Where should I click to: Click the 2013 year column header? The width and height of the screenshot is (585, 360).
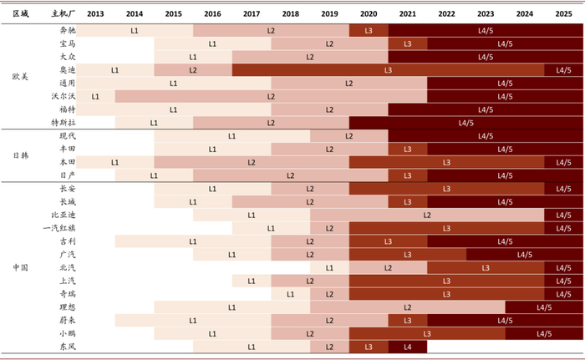click(95, 15)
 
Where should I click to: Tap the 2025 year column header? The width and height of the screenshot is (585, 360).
click(563, 15)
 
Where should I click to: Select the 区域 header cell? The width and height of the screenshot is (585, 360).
click(21, 15)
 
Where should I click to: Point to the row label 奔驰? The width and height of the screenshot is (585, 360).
click(68, 30)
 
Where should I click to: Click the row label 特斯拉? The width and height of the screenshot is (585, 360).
click(64, 123)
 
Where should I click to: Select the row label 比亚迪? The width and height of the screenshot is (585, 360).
click(64, 215)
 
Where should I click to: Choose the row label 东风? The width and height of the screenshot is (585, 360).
click(68, 346)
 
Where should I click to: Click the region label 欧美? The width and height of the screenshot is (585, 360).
click(21, 76)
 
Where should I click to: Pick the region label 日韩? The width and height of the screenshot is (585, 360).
click(21, 155)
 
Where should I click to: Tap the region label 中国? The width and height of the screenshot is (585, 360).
click(21, 267)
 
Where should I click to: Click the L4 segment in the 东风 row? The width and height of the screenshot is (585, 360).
click(408, 346)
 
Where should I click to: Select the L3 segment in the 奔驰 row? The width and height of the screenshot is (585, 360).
click(369, 30)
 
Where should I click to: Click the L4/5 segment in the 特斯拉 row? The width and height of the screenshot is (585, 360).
click(465, 123)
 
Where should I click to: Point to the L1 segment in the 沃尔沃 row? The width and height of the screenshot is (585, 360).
click(95, 96)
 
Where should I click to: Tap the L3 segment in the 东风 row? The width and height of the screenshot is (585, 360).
click(369, 346)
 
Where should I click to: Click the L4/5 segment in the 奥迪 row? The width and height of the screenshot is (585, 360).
click(563, 70)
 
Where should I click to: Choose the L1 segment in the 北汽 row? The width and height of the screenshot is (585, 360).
click(329, 267)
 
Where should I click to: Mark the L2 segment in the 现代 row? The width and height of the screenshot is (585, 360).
click(349, 135)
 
